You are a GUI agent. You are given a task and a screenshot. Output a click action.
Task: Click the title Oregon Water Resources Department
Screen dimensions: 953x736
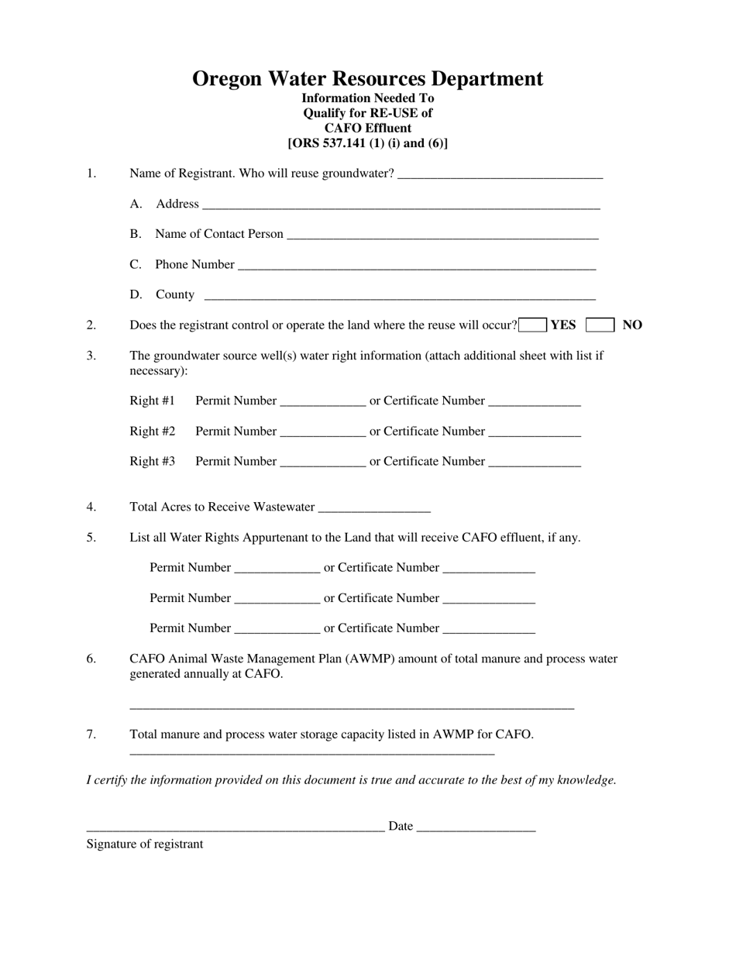[x=367, y=78]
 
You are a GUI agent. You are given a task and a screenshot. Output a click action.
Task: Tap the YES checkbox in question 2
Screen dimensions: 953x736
[x=533, y=325]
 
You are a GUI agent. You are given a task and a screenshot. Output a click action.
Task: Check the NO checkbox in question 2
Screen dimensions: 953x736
[x=600, y=325]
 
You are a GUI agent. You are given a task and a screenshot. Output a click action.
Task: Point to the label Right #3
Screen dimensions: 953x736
[x=152, y=461]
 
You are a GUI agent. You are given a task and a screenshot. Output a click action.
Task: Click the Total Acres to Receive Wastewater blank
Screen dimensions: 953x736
[x=374, y=509]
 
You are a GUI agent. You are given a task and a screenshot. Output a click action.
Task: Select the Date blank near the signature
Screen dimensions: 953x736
[x=476, y=828]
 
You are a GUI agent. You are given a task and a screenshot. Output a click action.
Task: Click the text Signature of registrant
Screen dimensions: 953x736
[x=145, y=844]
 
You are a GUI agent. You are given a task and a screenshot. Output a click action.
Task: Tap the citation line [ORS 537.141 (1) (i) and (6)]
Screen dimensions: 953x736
[x=367, y=143]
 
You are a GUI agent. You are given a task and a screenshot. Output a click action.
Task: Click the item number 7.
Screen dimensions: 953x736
[x=91, y=734]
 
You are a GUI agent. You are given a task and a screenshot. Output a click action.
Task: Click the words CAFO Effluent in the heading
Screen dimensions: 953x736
[x=367, y=128]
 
